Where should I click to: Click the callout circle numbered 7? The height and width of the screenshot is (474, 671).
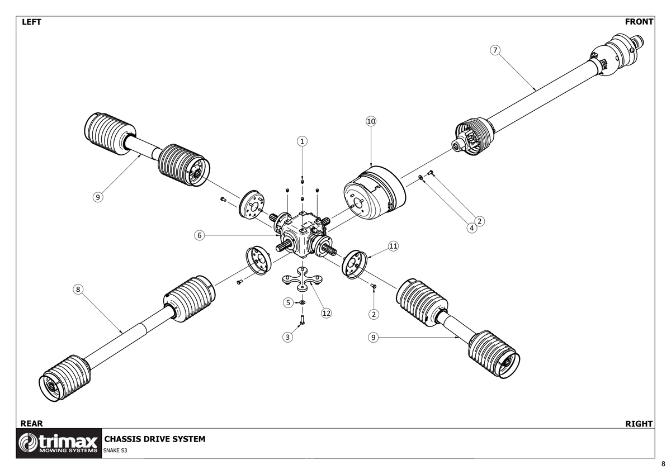coord(495,50)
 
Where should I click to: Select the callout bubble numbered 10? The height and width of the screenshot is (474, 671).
coord(371,121)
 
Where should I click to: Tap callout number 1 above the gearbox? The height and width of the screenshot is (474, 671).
coord(302,141)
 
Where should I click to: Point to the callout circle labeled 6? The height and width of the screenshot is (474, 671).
coord(199,235)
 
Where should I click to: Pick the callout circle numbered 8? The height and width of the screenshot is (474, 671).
coord(78,289)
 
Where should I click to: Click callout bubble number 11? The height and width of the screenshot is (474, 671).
coord(393,246)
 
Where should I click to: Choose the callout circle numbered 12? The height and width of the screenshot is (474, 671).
coord(326,313)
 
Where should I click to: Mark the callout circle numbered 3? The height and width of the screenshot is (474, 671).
coord(287,337)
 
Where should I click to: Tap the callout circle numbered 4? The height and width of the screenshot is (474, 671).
coord(472,227)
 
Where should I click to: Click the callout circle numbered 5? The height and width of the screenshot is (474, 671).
coord(288,302)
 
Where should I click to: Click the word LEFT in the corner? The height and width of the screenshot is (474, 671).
coord(31,22)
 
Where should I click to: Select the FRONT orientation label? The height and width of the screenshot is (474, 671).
coord(639,22)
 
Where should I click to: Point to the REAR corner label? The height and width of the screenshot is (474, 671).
coord(31,424)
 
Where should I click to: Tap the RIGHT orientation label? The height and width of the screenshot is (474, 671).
coord(639,424)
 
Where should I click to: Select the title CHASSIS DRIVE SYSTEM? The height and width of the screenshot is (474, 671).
coord(155,439)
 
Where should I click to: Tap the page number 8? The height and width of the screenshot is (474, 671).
coord(663,464)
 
